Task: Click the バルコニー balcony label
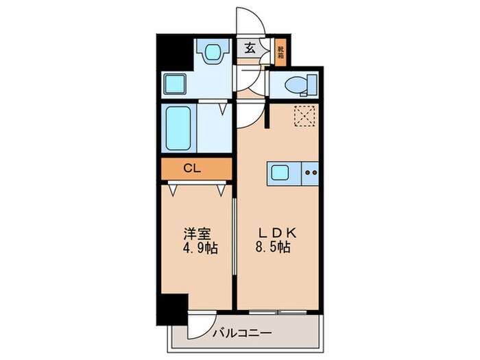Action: [x=241, y=334]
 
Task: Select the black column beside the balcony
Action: [x=171, y=309]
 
